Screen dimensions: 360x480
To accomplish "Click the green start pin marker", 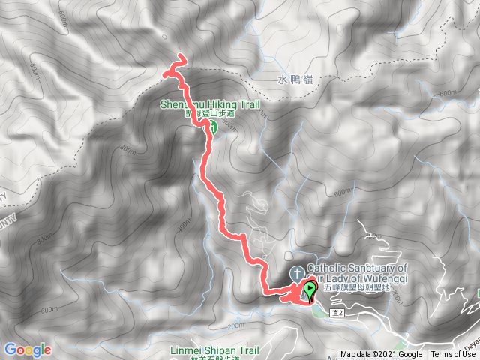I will pyautogui.click(x=310, y=289).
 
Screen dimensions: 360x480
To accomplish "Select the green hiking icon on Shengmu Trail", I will pyautogui.click(x=211, y=128).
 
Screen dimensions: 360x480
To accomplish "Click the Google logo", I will pyautogui.click(x=27, y=349).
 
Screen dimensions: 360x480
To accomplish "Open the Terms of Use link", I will pyautogui.click(x=453, y=355).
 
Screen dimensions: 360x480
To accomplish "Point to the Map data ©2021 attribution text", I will pyautogui.click(x=381, y=355).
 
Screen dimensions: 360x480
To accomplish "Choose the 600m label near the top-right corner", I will pyautogui.click(x=448, y=93).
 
